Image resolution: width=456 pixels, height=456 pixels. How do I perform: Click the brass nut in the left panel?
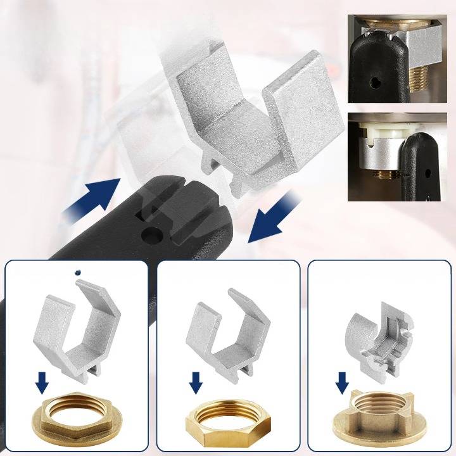coord(73,422)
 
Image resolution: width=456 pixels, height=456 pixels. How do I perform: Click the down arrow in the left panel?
coord(42,383)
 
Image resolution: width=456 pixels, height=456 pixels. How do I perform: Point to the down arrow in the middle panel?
coord(196,383)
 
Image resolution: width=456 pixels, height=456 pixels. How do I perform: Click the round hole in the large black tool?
coord(151,236)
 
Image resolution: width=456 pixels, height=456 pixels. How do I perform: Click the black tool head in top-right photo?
coord(372,70)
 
